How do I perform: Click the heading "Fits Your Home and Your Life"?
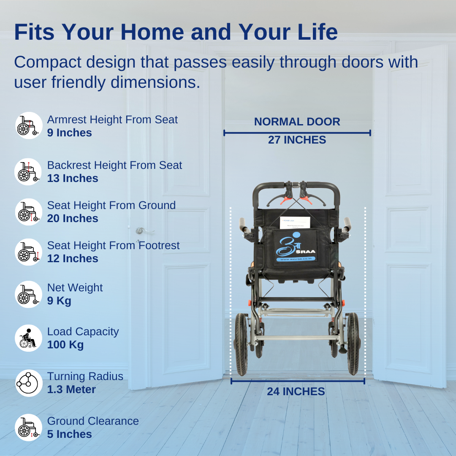click(x=176, y=32)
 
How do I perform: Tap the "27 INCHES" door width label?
click(x=297, y=140)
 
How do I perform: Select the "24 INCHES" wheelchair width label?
click(x=296, y=391)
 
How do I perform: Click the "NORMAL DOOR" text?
click(x=297, y=122)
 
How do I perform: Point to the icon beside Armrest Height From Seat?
click(x=29, y=126)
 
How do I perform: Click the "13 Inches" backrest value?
click(x=73, y=178)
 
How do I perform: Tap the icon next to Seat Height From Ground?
click(x=29, y=212)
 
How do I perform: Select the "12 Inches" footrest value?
click(x=73, y=258)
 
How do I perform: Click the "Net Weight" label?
click(x=75, y=288)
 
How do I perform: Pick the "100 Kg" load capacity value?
click(x=65, y=345)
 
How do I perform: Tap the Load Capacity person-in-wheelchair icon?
click(x=29, y=338)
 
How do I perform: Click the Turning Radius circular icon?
click(x=29, y=383)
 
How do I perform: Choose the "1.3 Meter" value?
click(x=71, y=389)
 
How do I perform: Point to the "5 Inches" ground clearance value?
click(x=69, y=434)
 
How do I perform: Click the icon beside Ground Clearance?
click(x=29, y=427)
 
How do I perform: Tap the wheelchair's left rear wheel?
click(x=241, y=344)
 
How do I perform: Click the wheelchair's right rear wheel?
click(x=353, y=344)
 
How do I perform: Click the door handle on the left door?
click(x=142, y=231)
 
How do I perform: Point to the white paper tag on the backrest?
click(x=295, y=223)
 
